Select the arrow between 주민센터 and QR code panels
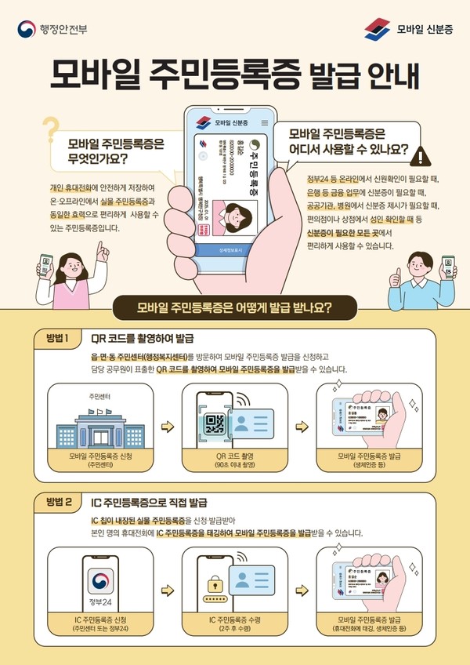166,427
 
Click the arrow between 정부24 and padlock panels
166,588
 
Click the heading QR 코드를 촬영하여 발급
142,340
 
